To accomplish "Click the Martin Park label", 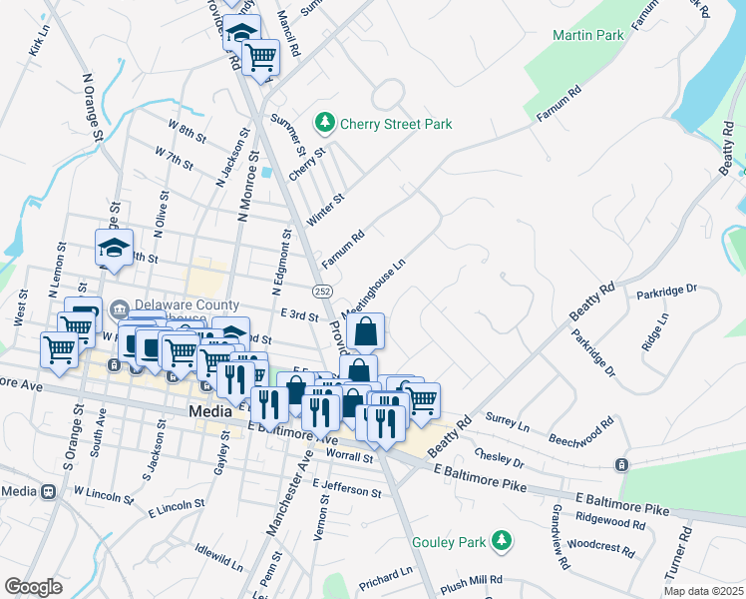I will tap(587, 35).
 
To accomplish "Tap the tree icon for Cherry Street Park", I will tap(324, 124).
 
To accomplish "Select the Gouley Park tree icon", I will tap(504, 542).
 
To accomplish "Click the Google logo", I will tap(33, 587).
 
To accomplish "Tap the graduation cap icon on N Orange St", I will tap(114, 249).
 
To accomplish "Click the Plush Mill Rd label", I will tap(471, 580).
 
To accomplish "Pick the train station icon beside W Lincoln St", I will tap(47, 491).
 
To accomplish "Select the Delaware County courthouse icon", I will tap(120, 306).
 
